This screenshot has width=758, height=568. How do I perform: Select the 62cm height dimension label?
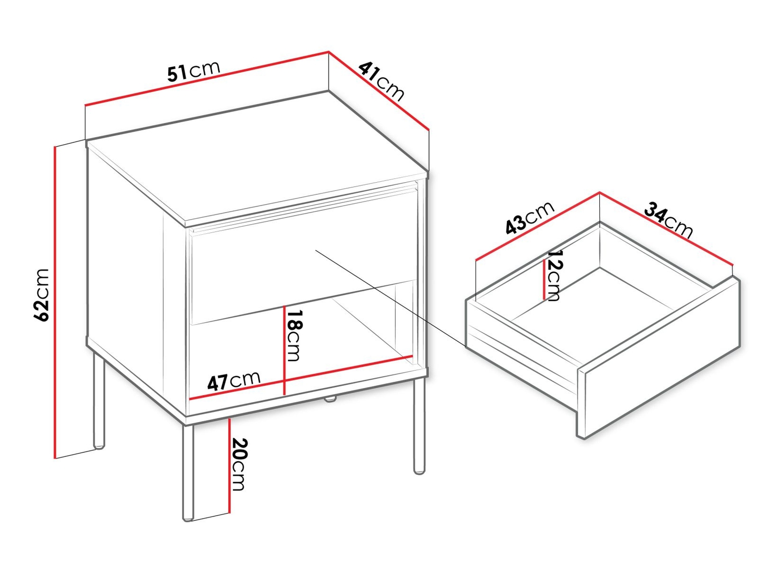tap(42, 295)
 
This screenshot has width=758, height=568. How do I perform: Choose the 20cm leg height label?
tap(239, 464)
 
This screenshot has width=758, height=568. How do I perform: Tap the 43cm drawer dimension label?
tap(530, 219)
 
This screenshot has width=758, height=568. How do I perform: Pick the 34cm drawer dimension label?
tap(668, 221)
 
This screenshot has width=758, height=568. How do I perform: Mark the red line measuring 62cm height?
tap(55, 302)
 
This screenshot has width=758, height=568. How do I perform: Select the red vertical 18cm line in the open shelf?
tap(284, 350)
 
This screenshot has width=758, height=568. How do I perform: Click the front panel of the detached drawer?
tap(659, 358)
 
